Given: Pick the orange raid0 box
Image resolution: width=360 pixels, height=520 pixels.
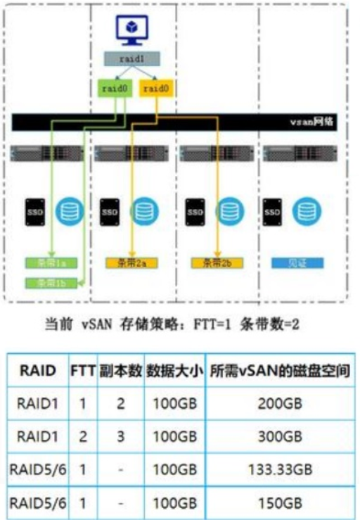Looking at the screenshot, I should point(154,89).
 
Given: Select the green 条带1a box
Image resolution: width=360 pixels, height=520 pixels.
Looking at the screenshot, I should point(50,263).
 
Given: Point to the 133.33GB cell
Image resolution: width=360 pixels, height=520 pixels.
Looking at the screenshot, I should point(280,469).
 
